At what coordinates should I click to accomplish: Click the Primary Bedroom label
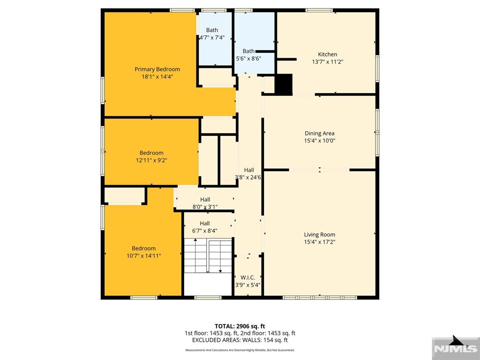[x=157, y=69]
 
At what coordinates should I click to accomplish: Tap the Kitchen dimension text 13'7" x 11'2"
[x=328, y=61]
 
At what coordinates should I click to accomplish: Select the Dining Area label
[x=319, y=133]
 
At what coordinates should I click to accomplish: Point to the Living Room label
[x=319, y=235]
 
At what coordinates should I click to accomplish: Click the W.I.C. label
[x=247, y=277]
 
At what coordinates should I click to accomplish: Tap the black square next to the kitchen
[x=283, y=85]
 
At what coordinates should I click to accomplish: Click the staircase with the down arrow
[x=208, y=255]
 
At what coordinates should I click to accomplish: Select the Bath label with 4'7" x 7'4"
[x=212, y=30]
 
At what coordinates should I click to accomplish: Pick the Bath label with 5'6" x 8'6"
[x=248, y=51]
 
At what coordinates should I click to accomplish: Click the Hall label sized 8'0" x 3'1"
[x=205, y=200]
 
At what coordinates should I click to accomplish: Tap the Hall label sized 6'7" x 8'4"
[x=205, y=224]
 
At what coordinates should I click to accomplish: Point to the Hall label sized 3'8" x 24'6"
[x=249, y=170]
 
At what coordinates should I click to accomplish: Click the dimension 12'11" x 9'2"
[x=151, y=160]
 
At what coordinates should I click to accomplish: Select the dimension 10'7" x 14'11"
[x=143, y=255]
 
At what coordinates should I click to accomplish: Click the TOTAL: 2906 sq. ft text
[x=240, y=326]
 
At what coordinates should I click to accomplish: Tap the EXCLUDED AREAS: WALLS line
[x=240, y=340]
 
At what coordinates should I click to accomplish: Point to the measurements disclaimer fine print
[x=240, y=350]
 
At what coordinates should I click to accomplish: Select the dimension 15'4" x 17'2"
[x=319, y=242]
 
